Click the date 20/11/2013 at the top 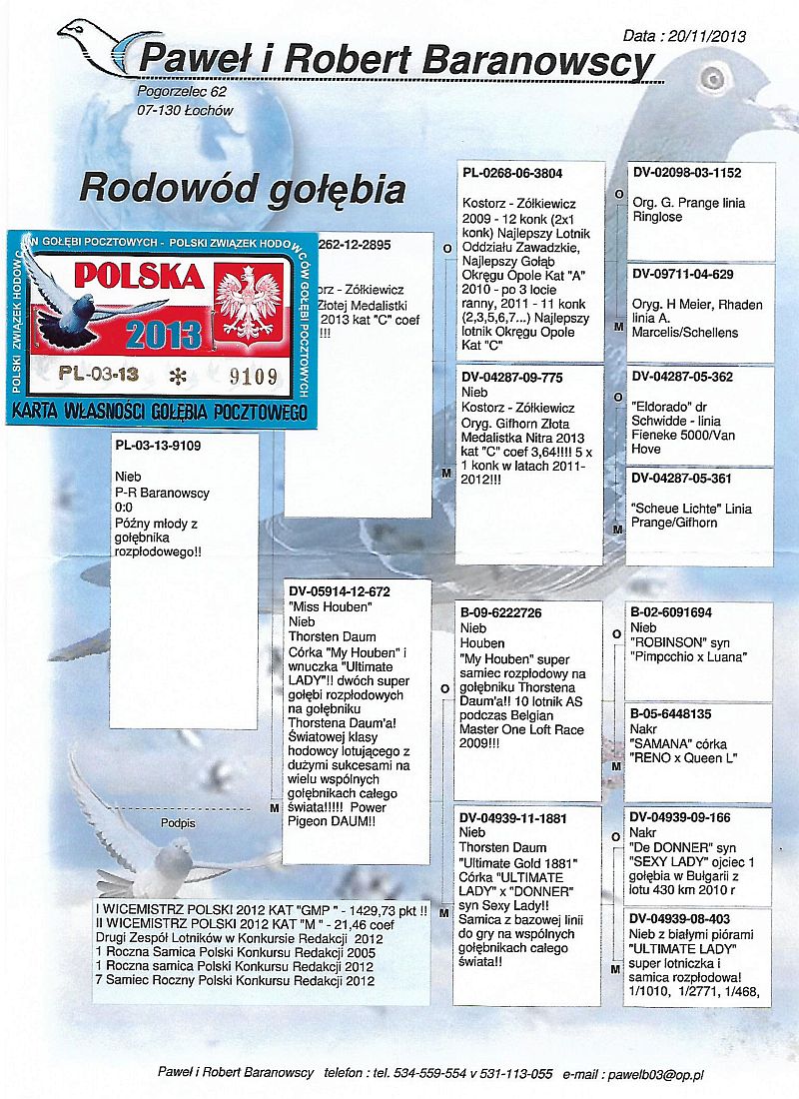(x=711, y=36)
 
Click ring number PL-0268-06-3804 (x=511, y=173)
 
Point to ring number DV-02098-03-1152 (x=686, y=173)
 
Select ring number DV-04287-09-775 (x=511, y=378)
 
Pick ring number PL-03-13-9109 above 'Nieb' (x=160, y=446)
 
